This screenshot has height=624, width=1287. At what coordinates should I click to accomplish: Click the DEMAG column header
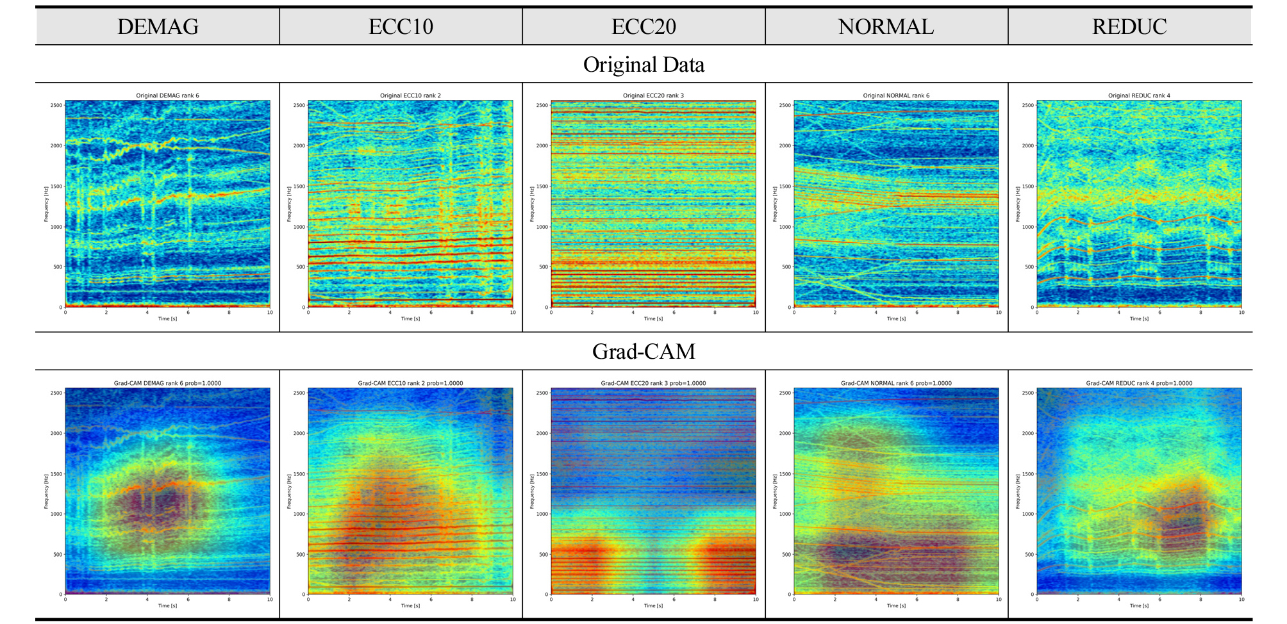[x=158, y=26]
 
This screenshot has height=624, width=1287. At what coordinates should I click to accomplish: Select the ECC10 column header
[x=401, y=26]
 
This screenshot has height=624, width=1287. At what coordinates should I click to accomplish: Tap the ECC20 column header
[x=643, y=26]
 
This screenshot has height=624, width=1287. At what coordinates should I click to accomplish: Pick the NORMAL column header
[x=886, y=26]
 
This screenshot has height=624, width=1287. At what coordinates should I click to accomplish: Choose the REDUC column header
[x=1129, y=26]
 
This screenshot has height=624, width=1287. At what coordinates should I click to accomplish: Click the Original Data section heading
[x=643, y=64]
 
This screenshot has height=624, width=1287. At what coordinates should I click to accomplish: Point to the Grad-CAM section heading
[x=643, y=351]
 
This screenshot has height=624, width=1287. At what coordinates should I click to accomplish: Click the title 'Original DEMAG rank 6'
[x=167, y=95]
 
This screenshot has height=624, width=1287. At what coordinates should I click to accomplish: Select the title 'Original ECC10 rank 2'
[x=410, y=95]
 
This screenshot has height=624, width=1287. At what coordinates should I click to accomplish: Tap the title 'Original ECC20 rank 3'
[x=653, y=95]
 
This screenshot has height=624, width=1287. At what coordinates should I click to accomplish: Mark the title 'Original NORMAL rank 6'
[x=896, y=95]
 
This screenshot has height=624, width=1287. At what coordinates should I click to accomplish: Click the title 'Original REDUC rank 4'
[x=1139, y=95]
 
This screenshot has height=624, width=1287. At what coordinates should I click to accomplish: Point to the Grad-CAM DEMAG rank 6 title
[x=167, y=383]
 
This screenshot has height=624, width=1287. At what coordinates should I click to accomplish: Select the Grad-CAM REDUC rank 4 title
[x=1139, y=383]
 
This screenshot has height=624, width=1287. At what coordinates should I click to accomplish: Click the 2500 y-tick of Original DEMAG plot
[x=56, y=105]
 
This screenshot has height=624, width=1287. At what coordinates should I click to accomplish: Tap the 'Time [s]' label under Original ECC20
[x=653, y=318]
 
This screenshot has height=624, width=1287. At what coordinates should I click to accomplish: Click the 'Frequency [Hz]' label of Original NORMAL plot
[x=775, y=204]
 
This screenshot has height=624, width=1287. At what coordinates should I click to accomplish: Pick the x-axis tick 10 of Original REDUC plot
[x=1241, y=313]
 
